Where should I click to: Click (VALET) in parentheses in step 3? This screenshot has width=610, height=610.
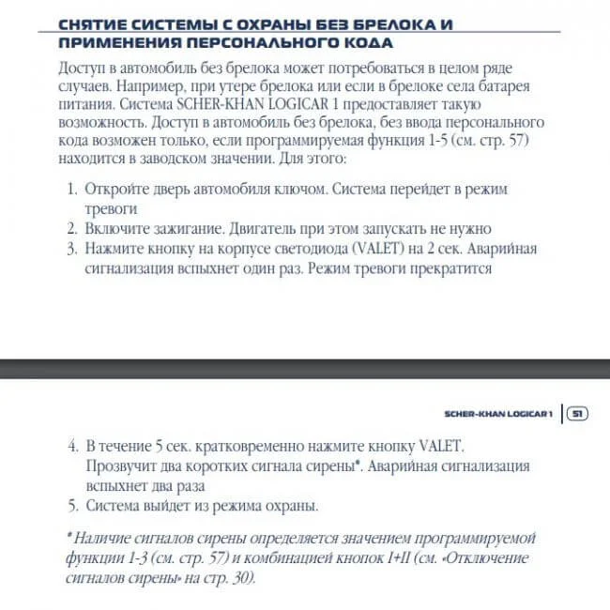384,248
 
